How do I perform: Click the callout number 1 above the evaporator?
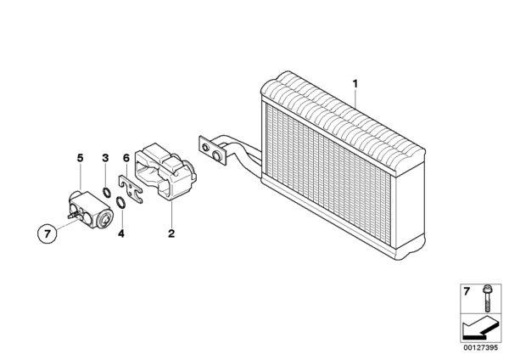click(355, 84)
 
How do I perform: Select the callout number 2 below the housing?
click(171, 233)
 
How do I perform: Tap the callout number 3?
click(105, 158)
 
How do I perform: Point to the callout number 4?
click(121, 233)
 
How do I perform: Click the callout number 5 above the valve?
click(80, 158)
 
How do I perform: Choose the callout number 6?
click(126, 158)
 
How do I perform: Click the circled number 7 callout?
click(48, 233)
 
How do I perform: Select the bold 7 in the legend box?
click(467, 291)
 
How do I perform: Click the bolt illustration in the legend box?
click(487, 298)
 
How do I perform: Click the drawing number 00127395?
click(480, 347)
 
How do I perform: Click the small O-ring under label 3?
click(106, 193)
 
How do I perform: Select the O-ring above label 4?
click(120, 202)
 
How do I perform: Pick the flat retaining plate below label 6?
click(131, 188)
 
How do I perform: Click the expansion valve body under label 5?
click(91, 210)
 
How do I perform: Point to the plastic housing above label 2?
click(165, 172)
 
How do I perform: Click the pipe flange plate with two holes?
click(213, 150)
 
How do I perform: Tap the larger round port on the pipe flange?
click(217, 155)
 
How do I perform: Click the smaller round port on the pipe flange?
click(205, 147)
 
